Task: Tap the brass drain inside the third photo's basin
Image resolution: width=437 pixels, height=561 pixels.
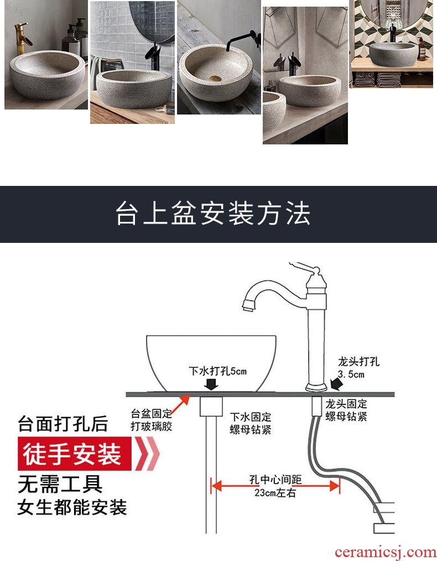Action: pyautogui.click(x=215, y=77)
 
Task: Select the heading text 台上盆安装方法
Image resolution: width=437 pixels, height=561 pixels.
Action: pyautogui.click(x=213, y=214)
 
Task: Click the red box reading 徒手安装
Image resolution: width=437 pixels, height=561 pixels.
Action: pyautogui.click(x=75, y=454)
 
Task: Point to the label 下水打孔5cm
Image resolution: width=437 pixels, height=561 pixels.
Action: pyautogui.click(x=218, y=371)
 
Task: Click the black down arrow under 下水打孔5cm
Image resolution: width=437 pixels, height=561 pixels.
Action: pyautogui.click(x=212, y=384)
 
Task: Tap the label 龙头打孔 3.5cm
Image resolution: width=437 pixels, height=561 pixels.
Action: pyautogui.click(x=357, y=368)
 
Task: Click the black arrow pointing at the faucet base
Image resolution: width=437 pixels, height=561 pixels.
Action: pyautogui.click(x=336, y=385)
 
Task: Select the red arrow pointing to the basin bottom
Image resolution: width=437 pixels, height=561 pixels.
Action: pyautogui.click(x=181, y=404)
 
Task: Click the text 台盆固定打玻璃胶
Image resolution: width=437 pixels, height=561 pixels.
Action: pyautogui.click(x=151, y=420)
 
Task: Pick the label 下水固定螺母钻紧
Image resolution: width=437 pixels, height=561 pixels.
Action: pyautogui.click(x=251, y=423)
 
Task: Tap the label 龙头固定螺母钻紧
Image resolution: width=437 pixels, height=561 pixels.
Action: pyautogui.click(x=346, y=410)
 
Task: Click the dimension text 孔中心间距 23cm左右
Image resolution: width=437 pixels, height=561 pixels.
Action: pyautogui.click(x=275, y=486)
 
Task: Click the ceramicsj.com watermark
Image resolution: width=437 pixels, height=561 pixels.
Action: pyautogui.click(x=386, y=552)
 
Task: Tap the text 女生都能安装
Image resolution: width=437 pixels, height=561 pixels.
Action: pyautogui.click(x=72, y=507)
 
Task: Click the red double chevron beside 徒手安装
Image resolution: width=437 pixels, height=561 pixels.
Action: pyautogui.click(x=147, y=454)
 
